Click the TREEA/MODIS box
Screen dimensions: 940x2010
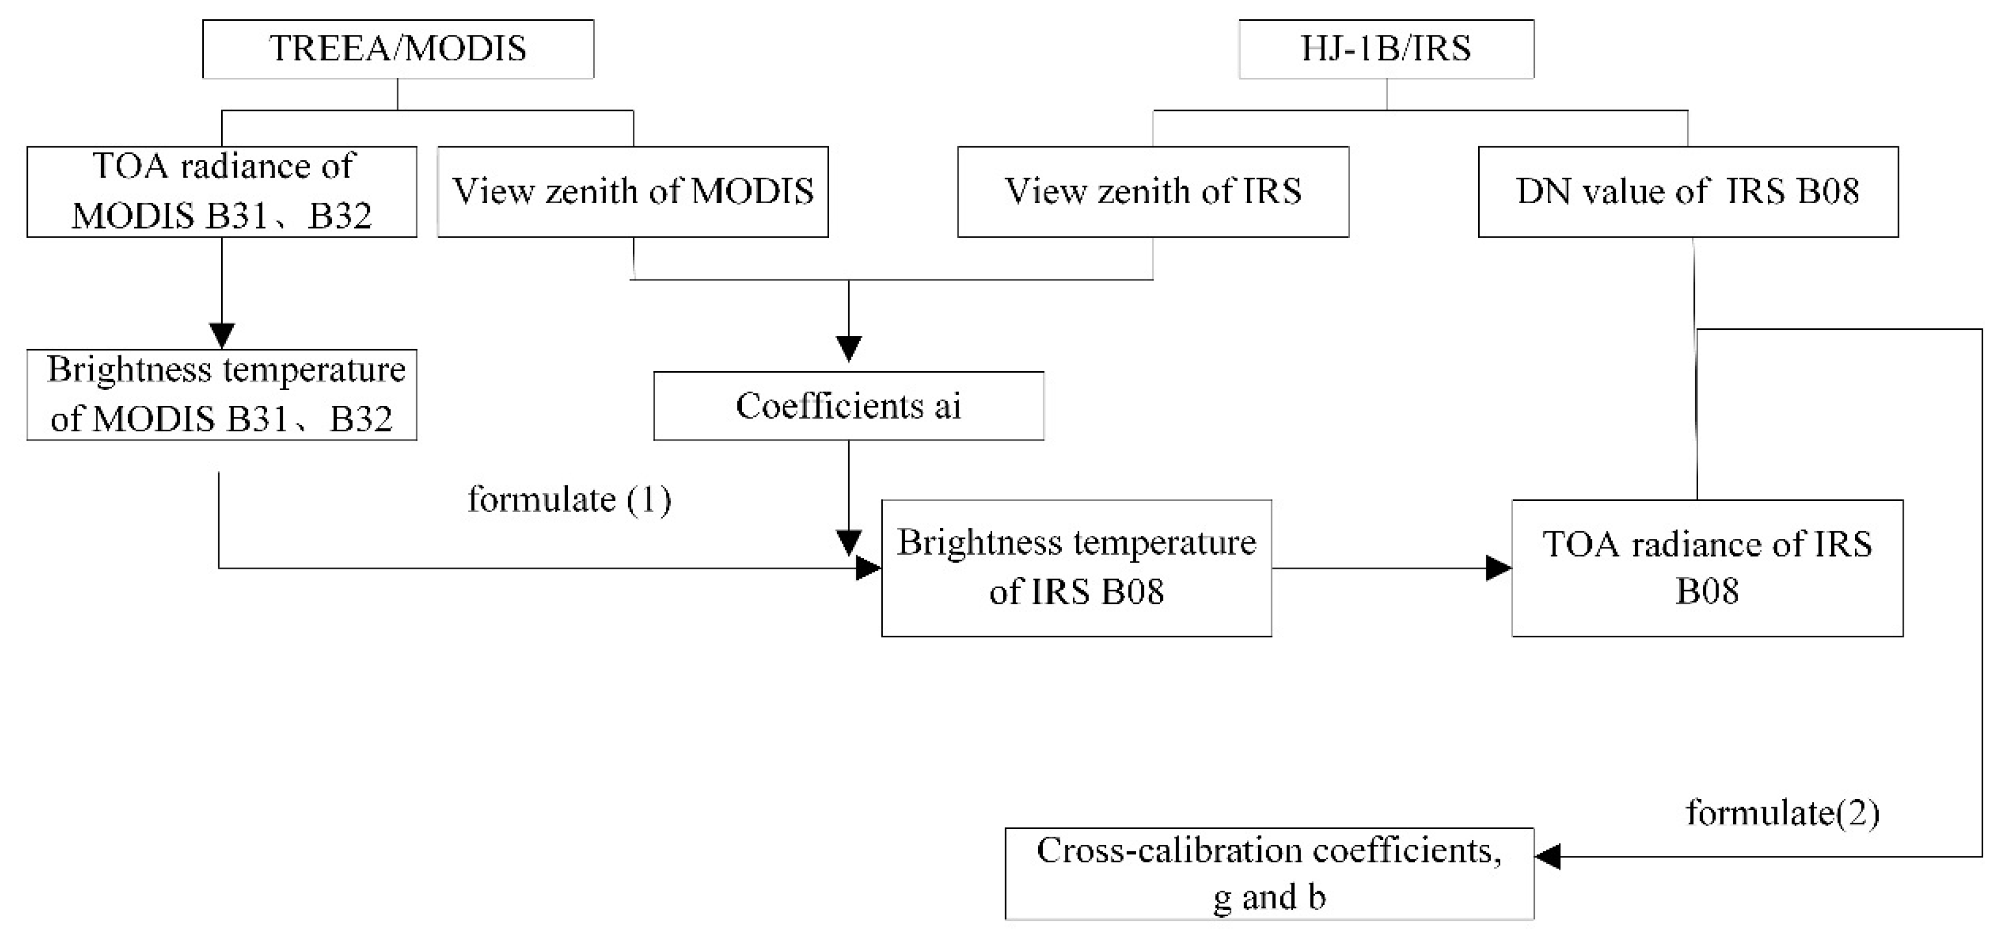[x=398, y=48]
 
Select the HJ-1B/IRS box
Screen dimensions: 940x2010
[x=1386, y=48]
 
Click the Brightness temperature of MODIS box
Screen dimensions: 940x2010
[x=222, y=394]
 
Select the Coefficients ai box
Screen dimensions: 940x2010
[x=848, y=406]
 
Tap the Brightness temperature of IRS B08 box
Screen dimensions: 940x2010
[x=1076, y=567]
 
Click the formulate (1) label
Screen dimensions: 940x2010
[x=569, y=499]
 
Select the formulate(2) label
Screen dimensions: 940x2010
[x=1783, y=813]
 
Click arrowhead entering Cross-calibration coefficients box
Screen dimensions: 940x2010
[x=1548, y=856]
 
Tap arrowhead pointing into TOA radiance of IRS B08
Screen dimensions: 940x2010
[x=1498, y=568]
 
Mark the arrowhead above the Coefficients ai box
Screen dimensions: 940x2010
[x=848, y=348]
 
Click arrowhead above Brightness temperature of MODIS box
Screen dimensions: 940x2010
[x=222, y=336]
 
